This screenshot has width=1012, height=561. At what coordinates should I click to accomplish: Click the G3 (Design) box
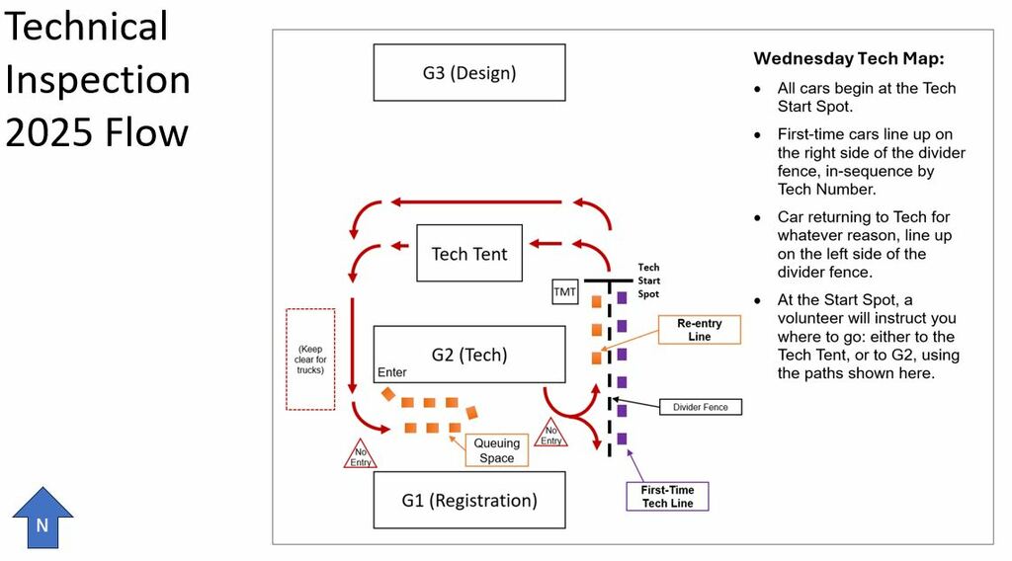coord(469,72)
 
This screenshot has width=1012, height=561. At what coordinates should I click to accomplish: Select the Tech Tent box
coord(469,253)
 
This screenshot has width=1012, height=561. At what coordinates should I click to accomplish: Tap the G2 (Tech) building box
coord(469,354)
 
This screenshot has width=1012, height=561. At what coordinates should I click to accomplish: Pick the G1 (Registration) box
coord(469,500)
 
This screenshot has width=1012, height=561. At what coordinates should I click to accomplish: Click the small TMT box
coord(564,291)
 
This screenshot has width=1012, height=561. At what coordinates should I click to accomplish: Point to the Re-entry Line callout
coord(699,330)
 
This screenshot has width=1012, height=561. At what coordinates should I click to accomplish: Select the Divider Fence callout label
coord(701,407)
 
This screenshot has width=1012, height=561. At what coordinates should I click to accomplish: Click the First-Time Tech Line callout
coord(667,497)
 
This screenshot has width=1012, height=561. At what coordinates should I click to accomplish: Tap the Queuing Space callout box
coord(496,450)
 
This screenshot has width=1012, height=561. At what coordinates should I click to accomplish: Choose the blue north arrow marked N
coord(42,518)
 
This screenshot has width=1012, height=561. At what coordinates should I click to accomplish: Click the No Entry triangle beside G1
coord(360,454)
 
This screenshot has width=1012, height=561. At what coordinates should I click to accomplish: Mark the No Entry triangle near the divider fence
coord(550,433)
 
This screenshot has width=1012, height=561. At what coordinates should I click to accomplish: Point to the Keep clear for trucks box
coord(310,360)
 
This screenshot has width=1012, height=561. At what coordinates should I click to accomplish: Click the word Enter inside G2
coord(391,372)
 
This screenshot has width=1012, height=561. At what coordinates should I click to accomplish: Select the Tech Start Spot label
coord(648,280)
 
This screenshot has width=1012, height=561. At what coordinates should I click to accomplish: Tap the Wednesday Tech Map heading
coord(849,58)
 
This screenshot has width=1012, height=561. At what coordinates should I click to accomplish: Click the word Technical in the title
coord(87,27)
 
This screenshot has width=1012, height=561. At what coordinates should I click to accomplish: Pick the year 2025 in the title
coord(51,132)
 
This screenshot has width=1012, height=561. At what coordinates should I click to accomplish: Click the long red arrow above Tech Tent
coord(476,201)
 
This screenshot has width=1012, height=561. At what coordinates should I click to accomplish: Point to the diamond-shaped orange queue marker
coord(387,394)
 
